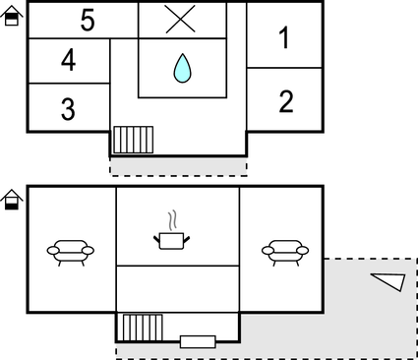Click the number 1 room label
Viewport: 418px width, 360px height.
tap(284, 39)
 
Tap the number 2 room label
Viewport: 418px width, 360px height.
tap(285, 101)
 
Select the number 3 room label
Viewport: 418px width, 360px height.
tap(68, 109)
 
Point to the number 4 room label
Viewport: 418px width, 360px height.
tap(68, 61)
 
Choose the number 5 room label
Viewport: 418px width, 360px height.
tap(88, 22)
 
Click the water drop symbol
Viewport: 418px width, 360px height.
tap(182, 68)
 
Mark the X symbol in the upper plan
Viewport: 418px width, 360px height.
tap(181, 20)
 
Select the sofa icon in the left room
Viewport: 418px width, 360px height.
tap(70, 253)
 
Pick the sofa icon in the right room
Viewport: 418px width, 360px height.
tap(282, 252)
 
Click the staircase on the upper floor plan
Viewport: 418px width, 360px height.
tap(130, 140)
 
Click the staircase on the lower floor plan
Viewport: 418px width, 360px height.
tap(141, 328)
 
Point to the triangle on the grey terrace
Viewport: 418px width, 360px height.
tap(389, 281)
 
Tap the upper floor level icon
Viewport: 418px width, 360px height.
tap(11, 15)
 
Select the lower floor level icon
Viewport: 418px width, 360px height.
tap(11, 200)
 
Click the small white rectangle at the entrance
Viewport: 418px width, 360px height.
tap(198, 341)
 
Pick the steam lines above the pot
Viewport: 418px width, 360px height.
tap(173, 217)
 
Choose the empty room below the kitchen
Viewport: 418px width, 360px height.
tap(178, 289)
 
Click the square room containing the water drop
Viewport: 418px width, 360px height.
tap(182, 68)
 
